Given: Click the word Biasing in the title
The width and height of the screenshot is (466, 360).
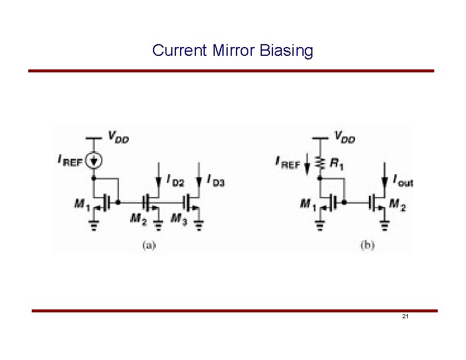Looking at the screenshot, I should click(x=287, y=51).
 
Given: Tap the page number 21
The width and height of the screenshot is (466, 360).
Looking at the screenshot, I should click(x=405, y=316).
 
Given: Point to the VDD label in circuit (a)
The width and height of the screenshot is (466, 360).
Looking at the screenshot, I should click(x=118, y=138).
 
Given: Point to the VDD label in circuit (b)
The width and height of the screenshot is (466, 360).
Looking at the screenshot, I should click(x=345, y=138).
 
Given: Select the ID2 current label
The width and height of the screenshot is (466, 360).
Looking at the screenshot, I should click(x=175, y=181).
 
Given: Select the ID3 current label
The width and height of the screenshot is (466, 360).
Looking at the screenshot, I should click(x=216, y=181).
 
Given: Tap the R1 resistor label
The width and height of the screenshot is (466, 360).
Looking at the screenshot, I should click(x=337, y=164).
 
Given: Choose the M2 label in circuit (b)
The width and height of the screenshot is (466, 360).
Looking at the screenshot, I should click(x=398, y=205).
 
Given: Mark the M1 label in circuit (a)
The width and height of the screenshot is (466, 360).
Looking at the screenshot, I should click(x=82, y=204).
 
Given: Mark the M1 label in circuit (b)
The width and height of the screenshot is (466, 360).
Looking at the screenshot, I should click(x=308, y=204).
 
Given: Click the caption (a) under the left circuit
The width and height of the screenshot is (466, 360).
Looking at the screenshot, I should click(x=148, y=245).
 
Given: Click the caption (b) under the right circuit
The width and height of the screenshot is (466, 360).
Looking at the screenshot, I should click(x=367, y=245).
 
